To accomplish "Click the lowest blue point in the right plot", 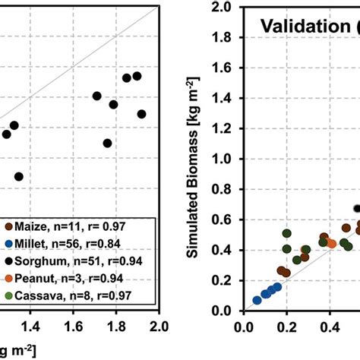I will [x=257, y=300].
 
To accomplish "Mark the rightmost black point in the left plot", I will [x=141, y=114].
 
